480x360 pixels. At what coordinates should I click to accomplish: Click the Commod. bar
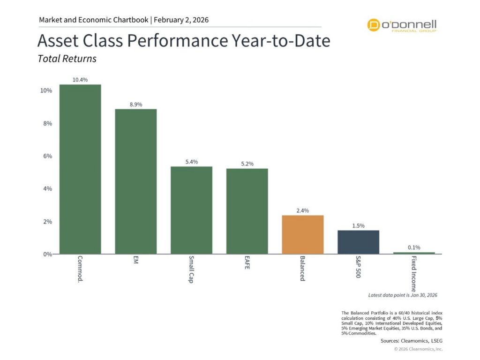pos(80,169)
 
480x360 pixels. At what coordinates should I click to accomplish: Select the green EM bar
pos(136,181)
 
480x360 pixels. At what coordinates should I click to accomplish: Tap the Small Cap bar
pos(191,210)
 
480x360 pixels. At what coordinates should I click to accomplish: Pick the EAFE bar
pos(247,211)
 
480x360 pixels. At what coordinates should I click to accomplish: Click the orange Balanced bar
pos(303,234)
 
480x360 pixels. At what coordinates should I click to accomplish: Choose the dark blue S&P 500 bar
pos(358,242)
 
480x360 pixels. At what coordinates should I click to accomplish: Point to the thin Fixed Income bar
pos(414,253)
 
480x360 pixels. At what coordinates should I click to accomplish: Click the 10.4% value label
pos(80,80)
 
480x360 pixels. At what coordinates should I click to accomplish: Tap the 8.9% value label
pos(136,105)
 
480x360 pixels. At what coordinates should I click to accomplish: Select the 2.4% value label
pos(303,210)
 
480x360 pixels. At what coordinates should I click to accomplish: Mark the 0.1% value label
pos(414,247)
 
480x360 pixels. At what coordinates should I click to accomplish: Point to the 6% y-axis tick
pos(47,156)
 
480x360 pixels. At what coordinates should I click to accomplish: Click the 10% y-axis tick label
pos(45,90)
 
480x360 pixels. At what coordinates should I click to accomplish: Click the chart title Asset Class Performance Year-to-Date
pos(183,41)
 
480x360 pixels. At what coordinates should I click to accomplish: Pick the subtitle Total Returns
pos(67,59)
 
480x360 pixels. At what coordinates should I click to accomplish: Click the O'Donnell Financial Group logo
pos(402,25)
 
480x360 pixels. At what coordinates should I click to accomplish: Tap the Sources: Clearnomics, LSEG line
pos(412,342)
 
